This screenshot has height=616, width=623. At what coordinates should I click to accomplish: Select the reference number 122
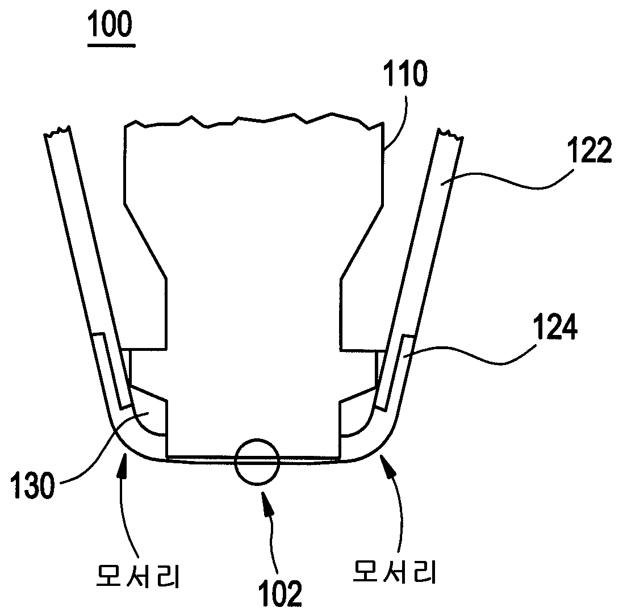[589, 150]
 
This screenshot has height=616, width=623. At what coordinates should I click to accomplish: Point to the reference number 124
[554, 326]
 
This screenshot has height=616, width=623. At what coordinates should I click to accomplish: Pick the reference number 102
[281, 593]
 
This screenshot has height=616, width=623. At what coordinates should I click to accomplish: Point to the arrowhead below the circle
[265, 502]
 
